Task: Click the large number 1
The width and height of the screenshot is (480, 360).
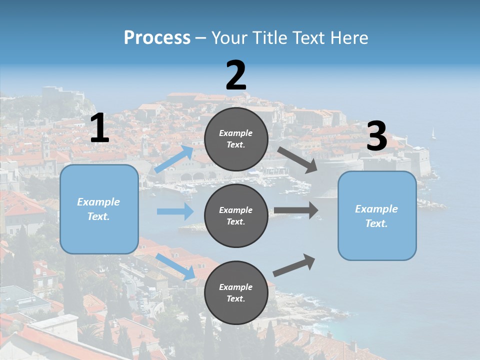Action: [99, 129]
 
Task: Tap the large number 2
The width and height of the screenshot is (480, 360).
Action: [236, 75]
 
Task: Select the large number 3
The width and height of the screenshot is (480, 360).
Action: [377, 136]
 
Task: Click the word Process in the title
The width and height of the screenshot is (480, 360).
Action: [157, 37]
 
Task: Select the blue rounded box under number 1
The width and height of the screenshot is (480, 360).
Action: [99, 209]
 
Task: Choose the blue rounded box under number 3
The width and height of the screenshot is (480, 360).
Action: [377, 215]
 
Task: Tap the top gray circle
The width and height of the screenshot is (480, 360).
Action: [236, 139]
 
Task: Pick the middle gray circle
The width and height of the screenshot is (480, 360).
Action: [236, 215]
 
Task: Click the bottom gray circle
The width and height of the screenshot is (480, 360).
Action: [236, 292]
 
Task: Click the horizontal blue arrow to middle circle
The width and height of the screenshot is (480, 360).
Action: [175, 211]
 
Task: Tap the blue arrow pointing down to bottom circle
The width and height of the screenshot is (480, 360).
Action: [175, 266]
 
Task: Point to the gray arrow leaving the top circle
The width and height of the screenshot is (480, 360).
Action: [297, 160]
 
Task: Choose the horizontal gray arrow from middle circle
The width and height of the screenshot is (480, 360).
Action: [296, 210]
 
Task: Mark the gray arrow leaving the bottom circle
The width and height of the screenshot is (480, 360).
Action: [294, 265]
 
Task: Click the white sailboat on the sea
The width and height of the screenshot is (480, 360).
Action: [433, 133]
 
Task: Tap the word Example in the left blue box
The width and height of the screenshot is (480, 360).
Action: [98, 202]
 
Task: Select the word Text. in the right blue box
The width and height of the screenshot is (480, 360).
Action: [376, 223]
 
